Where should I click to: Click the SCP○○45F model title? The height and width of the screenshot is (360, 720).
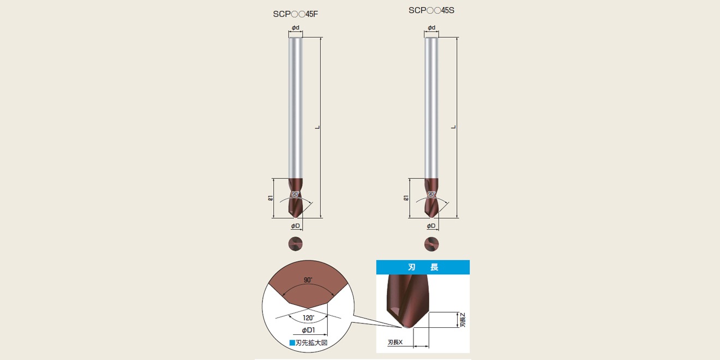pyautogui.click(x=296, y=14)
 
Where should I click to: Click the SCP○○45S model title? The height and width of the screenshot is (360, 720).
pyautogui.click(x=431, y=10)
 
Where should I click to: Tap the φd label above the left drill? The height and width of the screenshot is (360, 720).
pyautogui.click(x=296, y=28)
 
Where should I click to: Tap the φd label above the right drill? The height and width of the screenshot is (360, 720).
pyautogui.click(x=431, y=28)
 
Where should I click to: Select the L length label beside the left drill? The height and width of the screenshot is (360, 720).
pyautogui.click(x=317, y=127)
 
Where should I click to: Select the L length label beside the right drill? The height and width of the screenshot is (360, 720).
pyautogui.click(x=453, y=127)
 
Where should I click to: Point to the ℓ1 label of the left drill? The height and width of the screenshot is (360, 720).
pyautogui.click(x=271, y=198)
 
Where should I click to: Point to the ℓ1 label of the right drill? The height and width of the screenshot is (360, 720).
pyautogui.click(x=406, y=198)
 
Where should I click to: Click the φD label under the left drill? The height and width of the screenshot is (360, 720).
pyautogui.click(x=296, y=226)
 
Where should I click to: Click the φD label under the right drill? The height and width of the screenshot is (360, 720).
pyautogui.click(x=431, y=226)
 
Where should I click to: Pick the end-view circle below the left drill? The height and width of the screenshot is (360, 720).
pyautogui.click(x=296, y=244)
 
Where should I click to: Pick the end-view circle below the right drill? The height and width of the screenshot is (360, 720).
pyautogui.click(x=431, y=244)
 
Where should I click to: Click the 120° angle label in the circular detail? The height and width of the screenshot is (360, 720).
pyautogui.click(x=309, y=318)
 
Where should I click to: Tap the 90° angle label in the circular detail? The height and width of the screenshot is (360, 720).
pyautogui.click(x=308, y=280)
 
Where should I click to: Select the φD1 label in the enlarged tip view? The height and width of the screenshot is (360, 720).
pyautogui.click(x=308, y=330)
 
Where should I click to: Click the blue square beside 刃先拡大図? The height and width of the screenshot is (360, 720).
pyautogui.click(x=292, y=343)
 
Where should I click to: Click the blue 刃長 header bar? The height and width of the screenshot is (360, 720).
pyautogui.click(x=423, y=267)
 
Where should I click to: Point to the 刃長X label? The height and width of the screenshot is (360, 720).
pyautogui.click(x=395, y=343)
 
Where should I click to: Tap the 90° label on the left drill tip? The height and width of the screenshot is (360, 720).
pyautogui.click(x=296, y=194)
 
